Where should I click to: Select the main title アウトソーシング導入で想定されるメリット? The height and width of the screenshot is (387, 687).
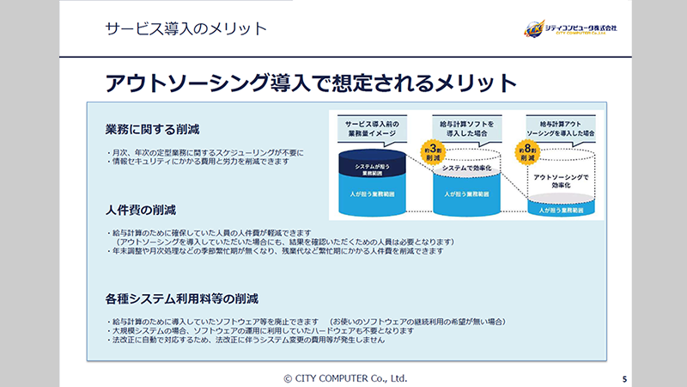pos(310,83)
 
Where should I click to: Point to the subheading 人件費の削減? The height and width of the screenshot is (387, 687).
pos(142,209)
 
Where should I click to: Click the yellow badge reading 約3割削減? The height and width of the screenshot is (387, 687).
pos(431,153)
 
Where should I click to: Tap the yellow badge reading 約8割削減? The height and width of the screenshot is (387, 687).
pos(527,153)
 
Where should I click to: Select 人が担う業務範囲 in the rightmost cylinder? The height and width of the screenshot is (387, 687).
pos(560,209)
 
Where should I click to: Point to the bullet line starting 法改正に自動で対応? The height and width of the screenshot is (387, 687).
pos(245,341)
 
